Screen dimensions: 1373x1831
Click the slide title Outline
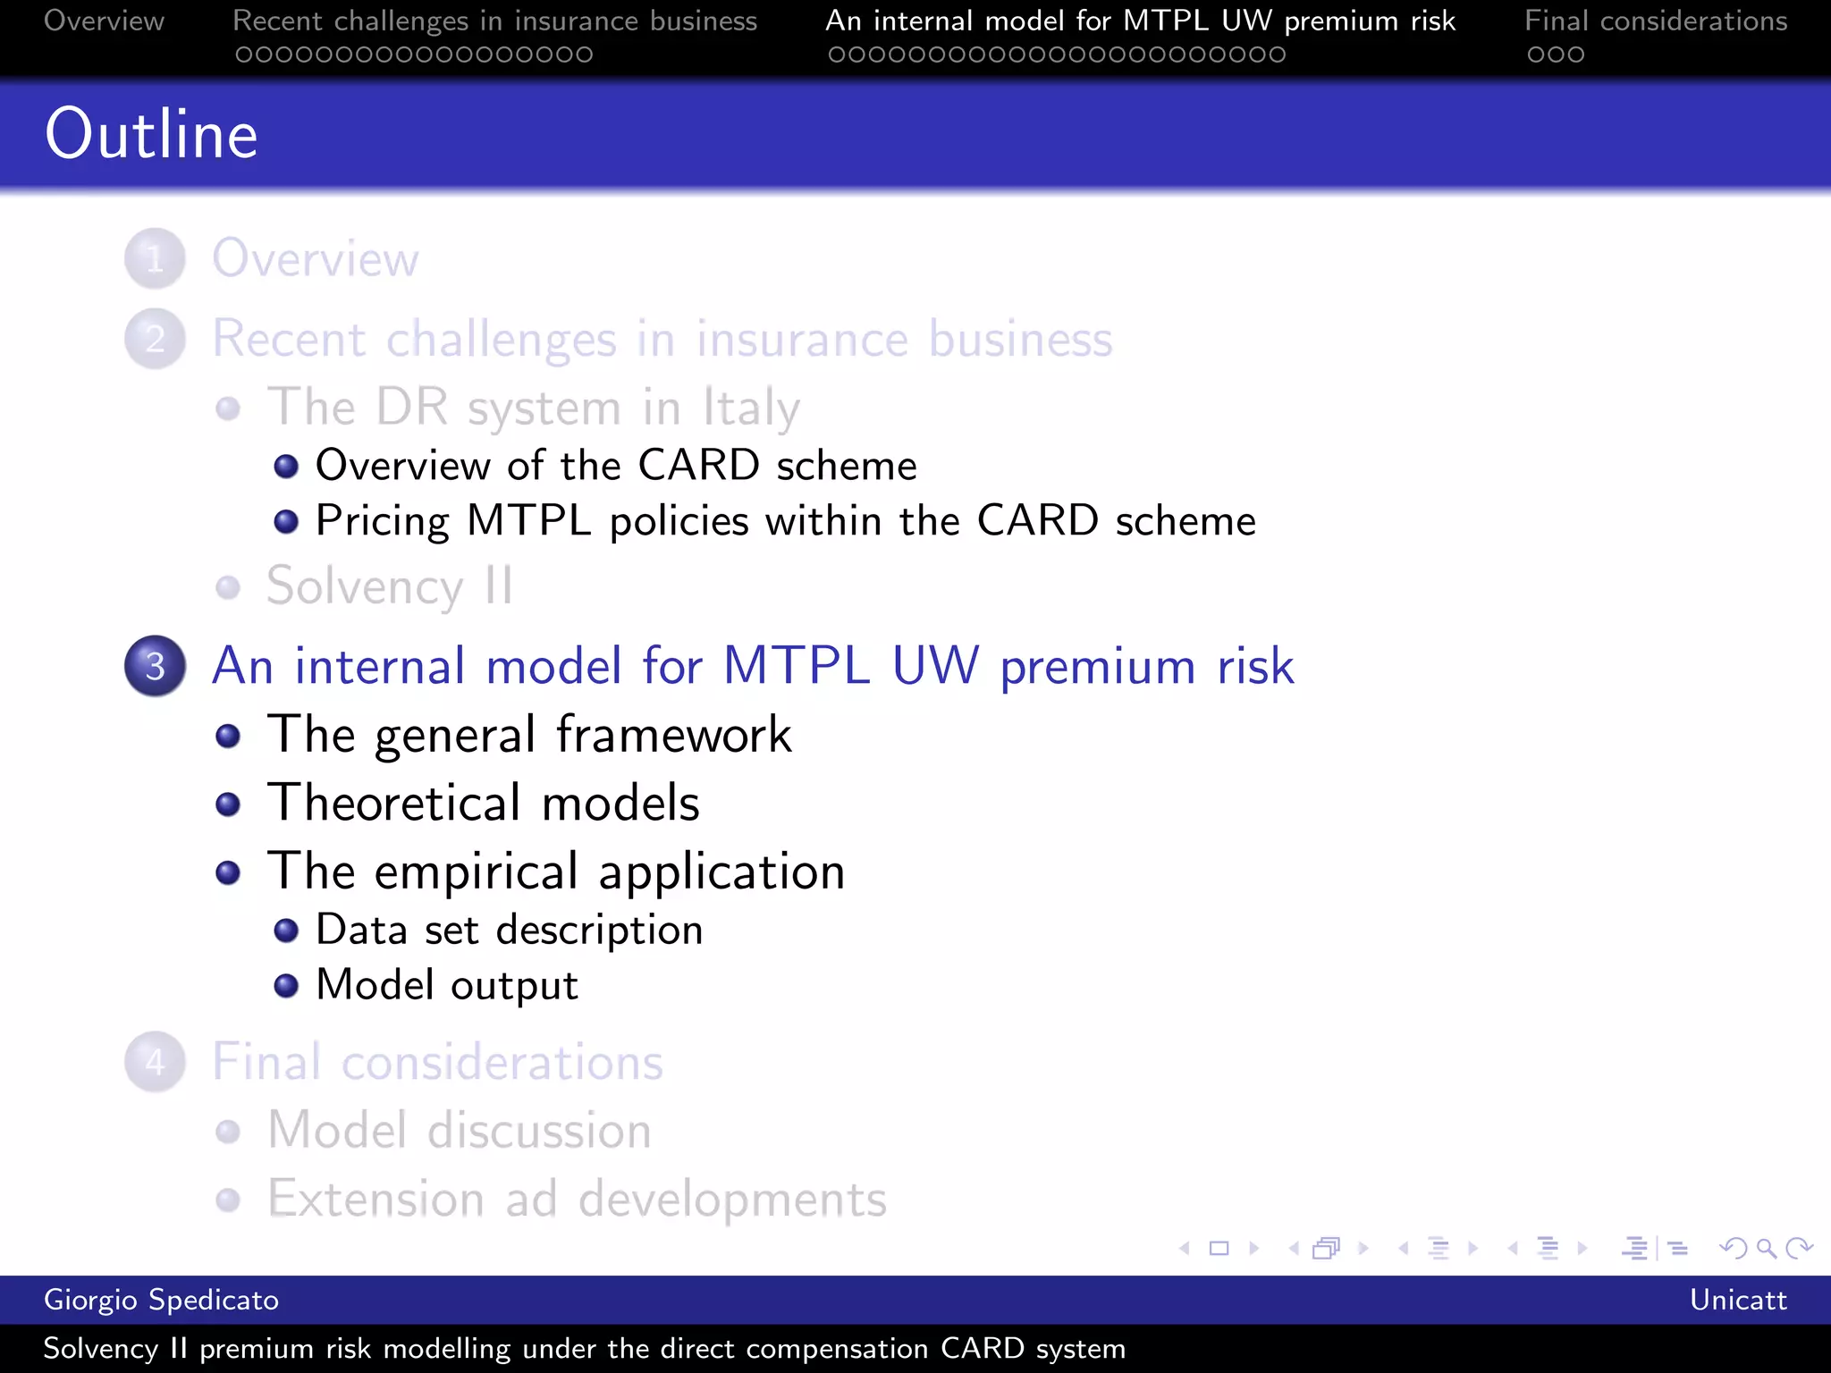152,134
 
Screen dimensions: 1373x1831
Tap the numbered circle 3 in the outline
156,666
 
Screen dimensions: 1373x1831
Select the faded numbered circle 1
156,259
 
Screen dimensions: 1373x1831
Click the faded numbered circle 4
156,1062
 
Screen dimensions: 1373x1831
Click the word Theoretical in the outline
394,802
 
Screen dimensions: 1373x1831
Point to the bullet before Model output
286,985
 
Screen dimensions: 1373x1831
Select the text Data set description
509,930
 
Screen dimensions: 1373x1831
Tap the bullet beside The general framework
229,736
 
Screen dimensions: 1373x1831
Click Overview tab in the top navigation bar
104,21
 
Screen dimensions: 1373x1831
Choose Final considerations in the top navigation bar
1656,21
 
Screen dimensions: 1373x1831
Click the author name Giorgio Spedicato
161,1300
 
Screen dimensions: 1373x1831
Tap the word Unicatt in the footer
1737,1300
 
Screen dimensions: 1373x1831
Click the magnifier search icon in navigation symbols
1766,1248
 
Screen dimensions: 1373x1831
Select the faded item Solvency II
389,587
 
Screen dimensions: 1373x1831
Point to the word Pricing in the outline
383,521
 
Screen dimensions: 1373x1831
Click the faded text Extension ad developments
577,1199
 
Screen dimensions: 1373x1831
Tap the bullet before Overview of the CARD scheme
286,466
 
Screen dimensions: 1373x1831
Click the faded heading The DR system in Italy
534,408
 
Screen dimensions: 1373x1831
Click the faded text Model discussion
460,1131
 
